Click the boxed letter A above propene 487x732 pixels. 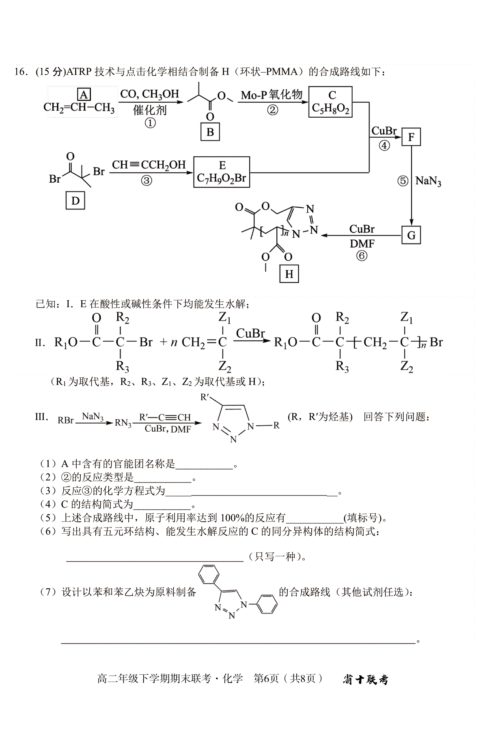[84, 95]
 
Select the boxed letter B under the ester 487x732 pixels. [210, 132]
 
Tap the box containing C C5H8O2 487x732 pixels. [330, 102]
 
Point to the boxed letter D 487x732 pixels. [75, 201]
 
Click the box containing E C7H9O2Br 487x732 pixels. [222, 172]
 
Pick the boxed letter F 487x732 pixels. [411, 137]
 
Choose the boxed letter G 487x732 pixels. [411, 235]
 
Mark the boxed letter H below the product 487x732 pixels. [289, 274]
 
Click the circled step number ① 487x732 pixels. [150, 123]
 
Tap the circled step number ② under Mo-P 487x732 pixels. [273, 110]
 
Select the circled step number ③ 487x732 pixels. [147, 181]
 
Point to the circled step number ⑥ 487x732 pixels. [362, 256]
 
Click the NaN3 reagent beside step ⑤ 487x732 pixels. [428, 181]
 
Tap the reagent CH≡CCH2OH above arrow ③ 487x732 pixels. [149, 165]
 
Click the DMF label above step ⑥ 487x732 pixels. [362, 243]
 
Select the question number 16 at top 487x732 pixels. [21, 72]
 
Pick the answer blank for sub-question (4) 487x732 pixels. [162, 505]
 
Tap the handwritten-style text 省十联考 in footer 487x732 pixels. [365, 679]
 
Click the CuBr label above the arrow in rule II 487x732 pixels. [250, 334]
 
